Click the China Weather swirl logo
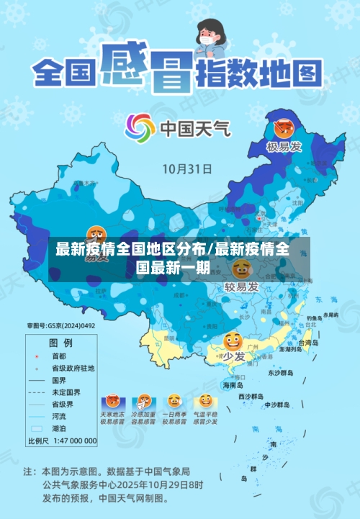click(140, 129)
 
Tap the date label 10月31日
click(186, 169)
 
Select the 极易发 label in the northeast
click(283, 148)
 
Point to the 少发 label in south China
click(233, 356)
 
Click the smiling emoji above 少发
click(233, 339)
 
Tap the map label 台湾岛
click(309, 343)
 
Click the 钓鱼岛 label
click(315, 317)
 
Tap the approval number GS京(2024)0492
click(61, 326)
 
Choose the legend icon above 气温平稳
click(206, 400)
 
